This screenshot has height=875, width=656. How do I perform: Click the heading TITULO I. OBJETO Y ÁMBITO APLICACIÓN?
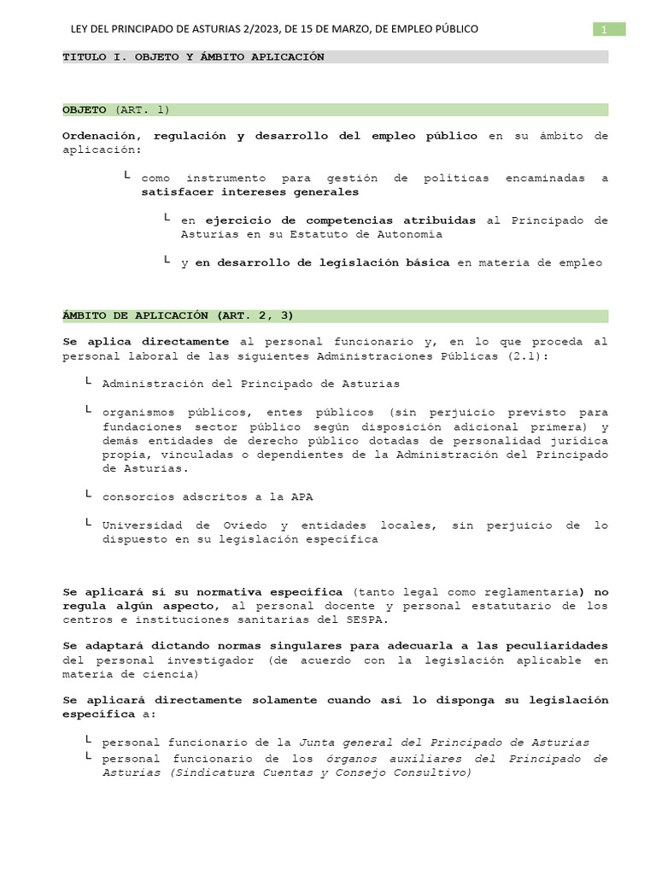pos(194,56)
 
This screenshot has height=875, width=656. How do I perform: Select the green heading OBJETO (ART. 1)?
pos(117,109)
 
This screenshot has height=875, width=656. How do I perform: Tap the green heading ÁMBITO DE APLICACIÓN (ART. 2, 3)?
pos(179,314)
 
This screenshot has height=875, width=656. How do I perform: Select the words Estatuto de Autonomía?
pos(376,233)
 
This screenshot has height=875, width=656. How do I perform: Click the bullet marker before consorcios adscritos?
pos(89,495)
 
